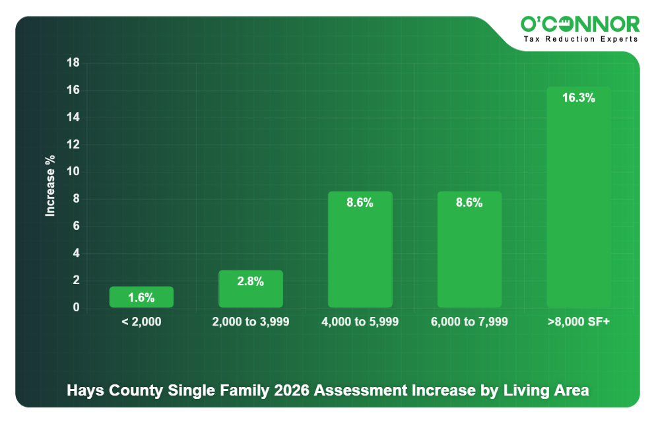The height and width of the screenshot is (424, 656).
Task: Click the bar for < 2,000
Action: coord(141,297)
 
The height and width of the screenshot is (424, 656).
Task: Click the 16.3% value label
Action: coord(579,98)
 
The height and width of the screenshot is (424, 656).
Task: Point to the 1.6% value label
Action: coord(141,298)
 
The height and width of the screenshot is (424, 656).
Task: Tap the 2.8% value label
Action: coord(251,281)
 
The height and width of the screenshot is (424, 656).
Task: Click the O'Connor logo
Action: coord(580,24)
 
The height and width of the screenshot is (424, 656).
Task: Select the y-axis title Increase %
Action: coord(50,186)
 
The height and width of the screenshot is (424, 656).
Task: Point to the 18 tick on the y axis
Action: coord(73,63)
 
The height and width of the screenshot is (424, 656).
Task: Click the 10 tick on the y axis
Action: coord(73,172)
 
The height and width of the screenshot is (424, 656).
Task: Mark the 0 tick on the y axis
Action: coord(76,308)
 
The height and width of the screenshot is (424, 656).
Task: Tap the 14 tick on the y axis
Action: coord(73,118)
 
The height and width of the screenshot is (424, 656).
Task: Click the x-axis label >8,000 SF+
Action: coord(579,322)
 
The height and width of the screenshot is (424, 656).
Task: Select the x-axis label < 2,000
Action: coord(141,322)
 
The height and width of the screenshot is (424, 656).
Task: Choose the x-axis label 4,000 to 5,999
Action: coord(360,322)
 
